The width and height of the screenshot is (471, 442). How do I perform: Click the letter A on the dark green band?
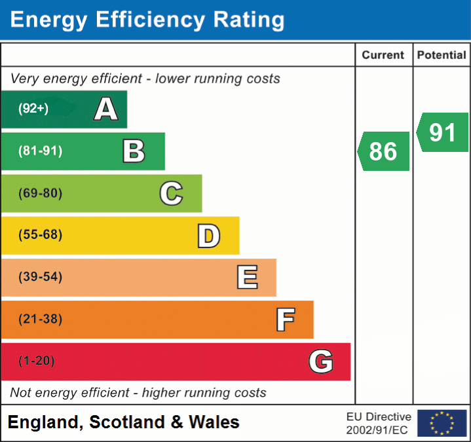pos(106,109)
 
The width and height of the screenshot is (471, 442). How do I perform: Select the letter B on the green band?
pos(134,151)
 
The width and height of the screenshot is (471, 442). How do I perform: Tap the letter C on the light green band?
pos(171,193)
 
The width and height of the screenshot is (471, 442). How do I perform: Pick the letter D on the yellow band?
pos(208,236)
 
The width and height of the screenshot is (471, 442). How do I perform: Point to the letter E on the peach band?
pos(247,278)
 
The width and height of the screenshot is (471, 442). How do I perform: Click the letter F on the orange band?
pos(285,320)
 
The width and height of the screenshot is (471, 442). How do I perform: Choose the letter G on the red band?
pos(321,361)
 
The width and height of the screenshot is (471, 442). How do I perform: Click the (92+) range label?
pos(33,109)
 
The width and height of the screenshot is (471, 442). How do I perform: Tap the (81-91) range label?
pos(40,151)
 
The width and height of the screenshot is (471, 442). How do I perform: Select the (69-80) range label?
pos(40,193)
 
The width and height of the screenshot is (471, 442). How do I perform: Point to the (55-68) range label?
pos(40,235)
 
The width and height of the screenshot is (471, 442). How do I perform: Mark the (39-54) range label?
pos(40,277)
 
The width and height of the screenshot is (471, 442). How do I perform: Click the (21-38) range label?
pos(40,319)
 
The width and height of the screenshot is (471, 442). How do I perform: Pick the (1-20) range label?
pos(37,361)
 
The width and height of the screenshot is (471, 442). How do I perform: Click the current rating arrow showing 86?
pos(384,151)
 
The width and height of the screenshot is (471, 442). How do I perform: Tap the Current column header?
pos(383,56)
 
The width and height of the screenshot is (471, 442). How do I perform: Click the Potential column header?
pos(442,56)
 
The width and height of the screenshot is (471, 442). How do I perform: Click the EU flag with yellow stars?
pos(442,423)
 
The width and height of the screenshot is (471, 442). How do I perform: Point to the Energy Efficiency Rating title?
pos(147,20)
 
